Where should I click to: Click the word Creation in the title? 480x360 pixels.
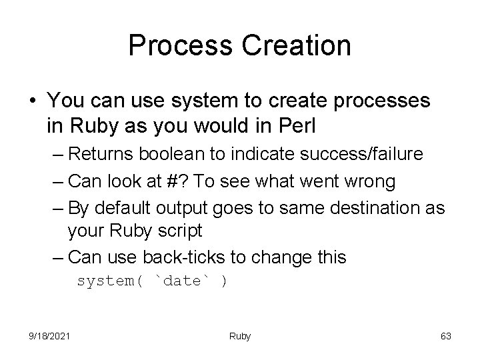point(289,45)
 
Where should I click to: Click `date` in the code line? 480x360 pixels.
point(183,281)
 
